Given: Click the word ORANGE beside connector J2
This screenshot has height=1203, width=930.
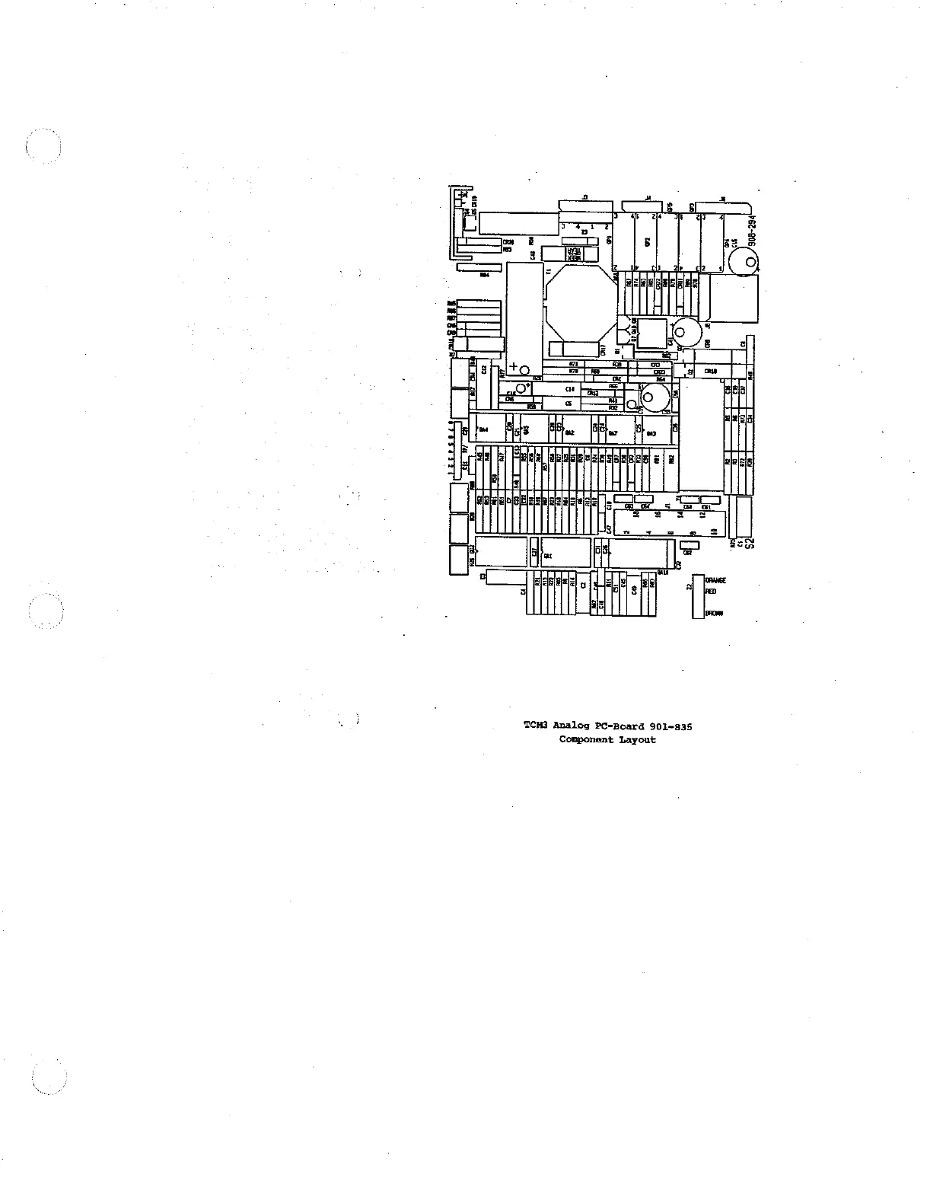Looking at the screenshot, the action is pos(716,580).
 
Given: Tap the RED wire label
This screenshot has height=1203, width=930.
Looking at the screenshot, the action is pos(711,591).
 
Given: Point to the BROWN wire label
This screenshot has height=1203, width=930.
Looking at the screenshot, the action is pos(714,614).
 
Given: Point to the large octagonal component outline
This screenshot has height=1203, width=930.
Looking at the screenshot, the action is pos(581,302).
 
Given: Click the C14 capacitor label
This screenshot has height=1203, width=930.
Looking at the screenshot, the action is pos(569,389).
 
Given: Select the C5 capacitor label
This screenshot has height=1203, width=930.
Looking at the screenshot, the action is pos(569,403).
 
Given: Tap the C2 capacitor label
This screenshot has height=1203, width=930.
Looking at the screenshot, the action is pos(583,585).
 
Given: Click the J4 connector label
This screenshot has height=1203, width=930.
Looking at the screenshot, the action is pos(648,197).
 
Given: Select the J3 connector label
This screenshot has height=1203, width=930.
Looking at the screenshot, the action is pos(584,197).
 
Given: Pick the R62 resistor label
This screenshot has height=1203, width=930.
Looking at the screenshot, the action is pos(666,356).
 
